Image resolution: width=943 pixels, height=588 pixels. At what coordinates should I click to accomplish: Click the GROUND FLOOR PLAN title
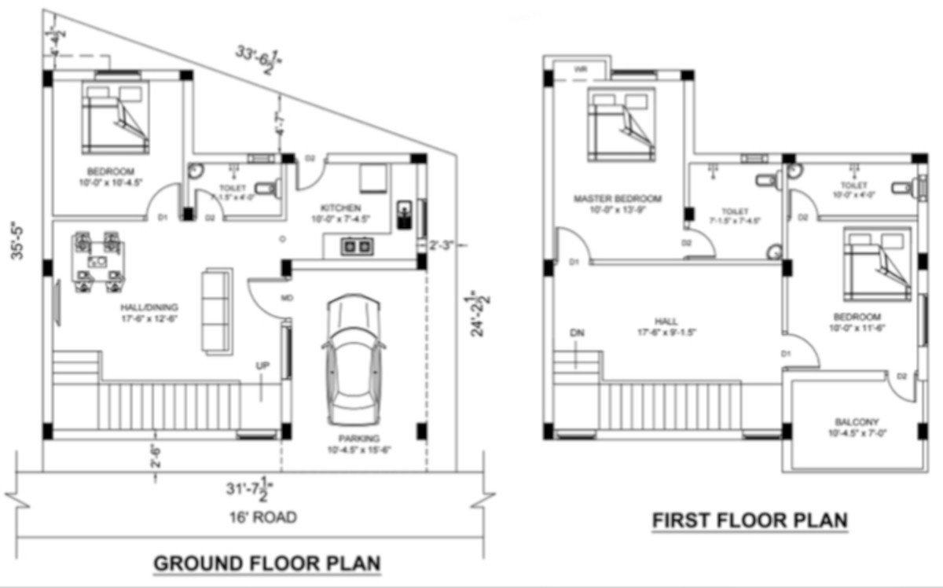pos(267,564)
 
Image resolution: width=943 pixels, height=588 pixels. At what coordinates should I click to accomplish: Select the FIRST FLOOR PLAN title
pos(750,521)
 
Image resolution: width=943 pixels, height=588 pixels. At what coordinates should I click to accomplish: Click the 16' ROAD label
pos(254,517)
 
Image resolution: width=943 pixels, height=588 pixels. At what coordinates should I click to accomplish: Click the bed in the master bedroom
pos(621,126)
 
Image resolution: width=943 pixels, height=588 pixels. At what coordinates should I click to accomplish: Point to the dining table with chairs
pos(98,256)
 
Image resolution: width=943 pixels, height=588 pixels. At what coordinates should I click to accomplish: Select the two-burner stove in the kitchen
pos(356,247)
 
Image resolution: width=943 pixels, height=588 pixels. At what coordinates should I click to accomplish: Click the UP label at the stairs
pos(262,366)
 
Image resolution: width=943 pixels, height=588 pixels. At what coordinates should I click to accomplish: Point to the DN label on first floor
pos(578,333)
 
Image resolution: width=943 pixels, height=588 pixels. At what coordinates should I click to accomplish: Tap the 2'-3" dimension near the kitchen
pos(440,244)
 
